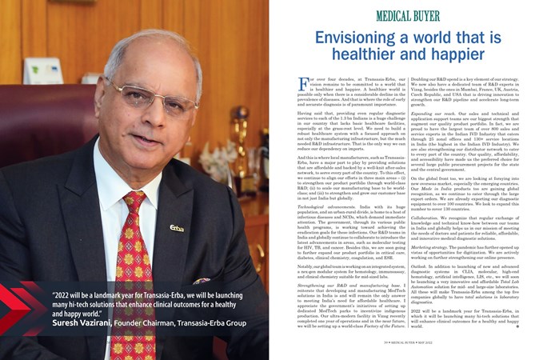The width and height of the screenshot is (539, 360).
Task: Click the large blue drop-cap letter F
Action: pos(301,83)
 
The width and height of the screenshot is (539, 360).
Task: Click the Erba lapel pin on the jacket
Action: pos(177,228)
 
